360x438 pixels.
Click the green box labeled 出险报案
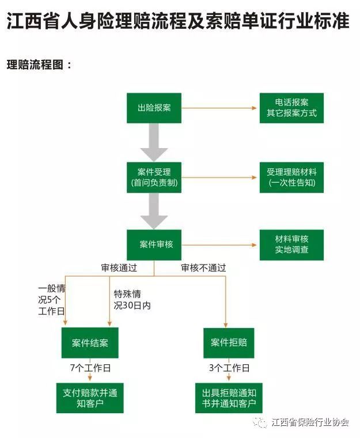(x=154, y=108)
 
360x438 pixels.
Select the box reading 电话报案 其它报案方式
(x=291, y=108)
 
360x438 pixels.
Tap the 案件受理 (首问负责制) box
(x=154, y=178)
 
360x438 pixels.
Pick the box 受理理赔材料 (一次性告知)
(x=291, y=178)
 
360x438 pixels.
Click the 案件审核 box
(x=154, y=245)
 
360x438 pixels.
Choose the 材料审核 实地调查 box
(x=291, y=245)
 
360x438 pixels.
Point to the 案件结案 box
(x=90, y=343)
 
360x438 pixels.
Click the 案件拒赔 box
(x=229, y=343)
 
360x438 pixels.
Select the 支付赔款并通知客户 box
(x=90, y=398)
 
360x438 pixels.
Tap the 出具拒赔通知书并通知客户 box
(x=229, y=398)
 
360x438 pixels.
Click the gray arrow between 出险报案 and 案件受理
(x=154, y=142)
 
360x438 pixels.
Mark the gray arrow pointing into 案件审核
(x=154, y=211)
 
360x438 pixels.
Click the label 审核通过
(x=119, y=267)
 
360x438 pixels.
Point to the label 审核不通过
(x=203, y=267)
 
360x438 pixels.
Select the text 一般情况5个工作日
(x=51, y=300)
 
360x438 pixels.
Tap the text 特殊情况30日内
(x=132, y=300)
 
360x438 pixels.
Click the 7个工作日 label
(x=90, y=368)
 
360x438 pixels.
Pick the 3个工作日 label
(x=229, y=368)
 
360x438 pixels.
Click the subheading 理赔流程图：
(x=39, y=65)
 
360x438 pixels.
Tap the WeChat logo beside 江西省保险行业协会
(x=260, y=422)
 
